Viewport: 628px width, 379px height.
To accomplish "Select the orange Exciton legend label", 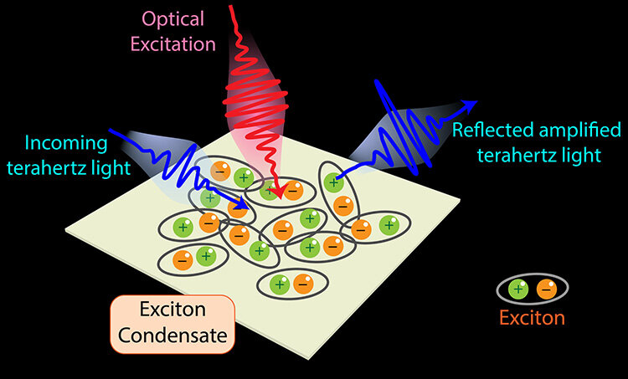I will point(532,318).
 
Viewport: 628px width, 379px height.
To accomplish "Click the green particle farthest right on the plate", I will point(388,223).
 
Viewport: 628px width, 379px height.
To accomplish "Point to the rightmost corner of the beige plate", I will point(459,200).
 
